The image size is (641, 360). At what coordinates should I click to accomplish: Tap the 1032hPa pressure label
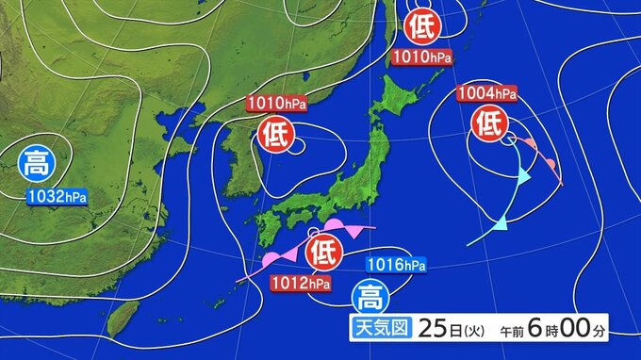click(57, 196)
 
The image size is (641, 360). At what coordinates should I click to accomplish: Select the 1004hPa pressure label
click(486, 93)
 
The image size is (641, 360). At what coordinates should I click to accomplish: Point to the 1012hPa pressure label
click(301, 281)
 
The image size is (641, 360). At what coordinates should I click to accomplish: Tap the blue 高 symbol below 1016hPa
click(368, 297)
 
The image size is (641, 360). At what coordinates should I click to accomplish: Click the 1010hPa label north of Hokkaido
click(421, 57)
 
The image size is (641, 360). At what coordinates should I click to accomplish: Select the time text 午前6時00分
click(557, 331)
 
